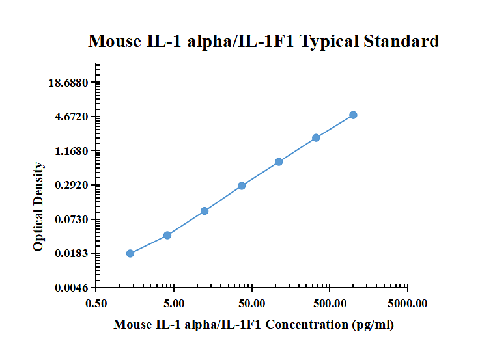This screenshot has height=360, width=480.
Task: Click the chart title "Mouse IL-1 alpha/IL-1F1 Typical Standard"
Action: click(x=264, y=42)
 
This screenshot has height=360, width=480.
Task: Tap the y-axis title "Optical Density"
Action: click(x=39, y=207)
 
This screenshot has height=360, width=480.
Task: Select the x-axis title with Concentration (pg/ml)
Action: click(x=253, y=324)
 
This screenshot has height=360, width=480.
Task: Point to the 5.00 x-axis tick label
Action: click(x=174, y=303)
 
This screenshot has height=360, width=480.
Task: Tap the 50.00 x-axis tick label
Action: click(x=251, y=303)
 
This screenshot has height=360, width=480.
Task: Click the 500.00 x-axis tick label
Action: click(x=330, y=303)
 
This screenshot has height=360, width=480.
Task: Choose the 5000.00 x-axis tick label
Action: click(x=406, y=303)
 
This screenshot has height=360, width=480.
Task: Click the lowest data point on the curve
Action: click(x=130, y=253)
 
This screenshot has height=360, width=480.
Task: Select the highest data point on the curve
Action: click(x=353, y=115)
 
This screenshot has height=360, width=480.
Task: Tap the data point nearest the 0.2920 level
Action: click(x=242, y=186)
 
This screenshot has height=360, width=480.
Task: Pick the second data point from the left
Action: click(x=167, y=235)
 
